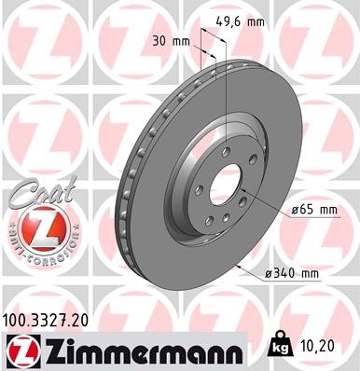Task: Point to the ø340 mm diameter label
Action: [292, 272]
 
